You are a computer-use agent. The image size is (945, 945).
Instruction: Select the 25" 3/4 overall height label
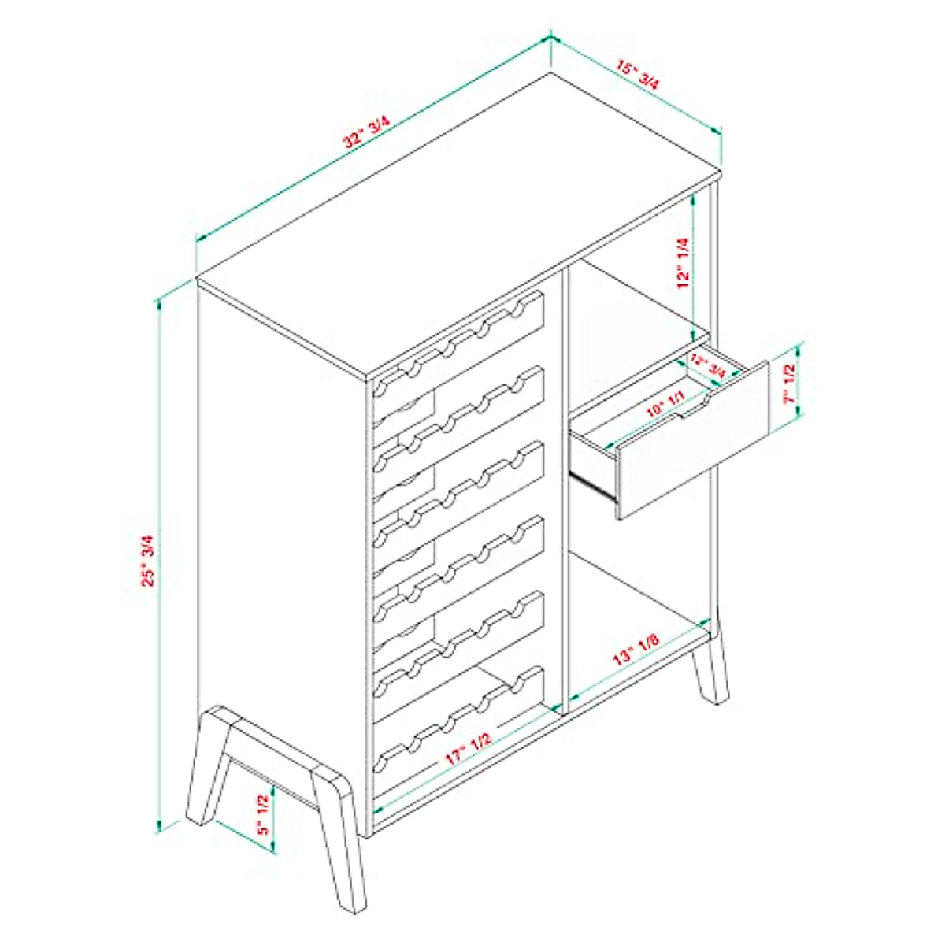146,561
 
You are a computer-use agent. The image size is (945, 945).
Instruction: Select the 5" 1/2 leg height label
262,813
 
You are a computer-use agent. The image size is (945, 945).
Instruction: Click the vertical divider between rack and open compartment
560,488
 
